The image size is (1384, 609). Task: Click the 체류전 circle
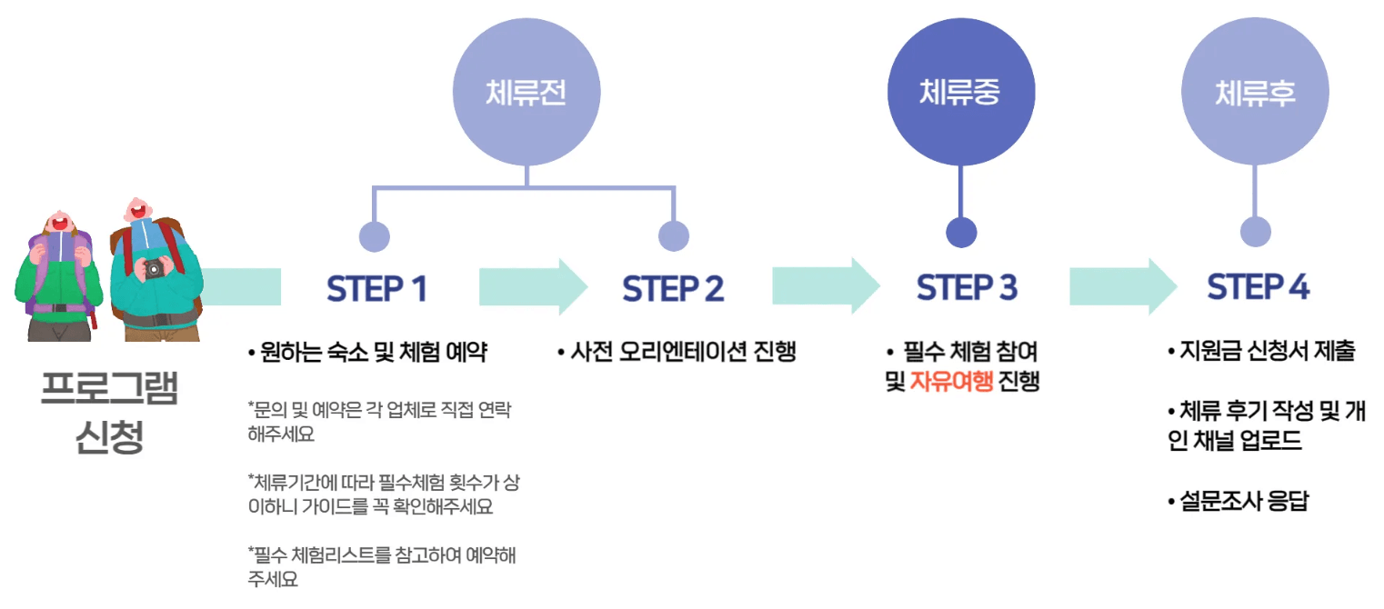[527, 93]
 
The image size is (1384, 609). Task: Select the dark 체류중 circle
[960, 92]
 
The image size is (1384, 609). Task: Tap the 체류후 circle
[1255, 92]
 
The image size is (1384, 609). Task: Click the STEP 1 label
[376, 289]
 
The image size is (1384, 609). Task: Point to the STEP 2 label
[673, 289]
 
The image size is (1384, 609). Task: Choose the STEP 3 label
[967, 288]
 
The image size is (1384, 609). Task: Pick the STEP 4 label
[1259, 288]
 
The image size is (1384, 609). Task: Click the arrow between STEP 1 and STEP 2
[533, 287]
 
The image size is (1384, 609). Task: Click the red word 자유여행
[951, 383]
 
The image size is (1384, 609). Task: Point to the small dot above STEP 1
[375, 236]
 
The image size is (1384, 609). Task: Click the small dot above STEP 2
[674, 236]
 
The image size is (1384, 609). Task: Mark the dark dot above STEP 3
[961, 233]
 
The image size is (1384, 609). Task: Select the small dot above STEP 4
[1256, 232]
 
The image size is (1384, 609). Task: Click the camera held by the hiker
[155, 267]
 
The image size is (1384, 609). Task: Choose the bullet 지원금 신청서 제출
[1261, 351]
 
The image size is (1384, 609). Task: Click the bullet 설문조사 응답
[1238, 501]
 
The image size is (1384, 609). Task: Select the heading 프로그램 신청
[109, 412]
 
